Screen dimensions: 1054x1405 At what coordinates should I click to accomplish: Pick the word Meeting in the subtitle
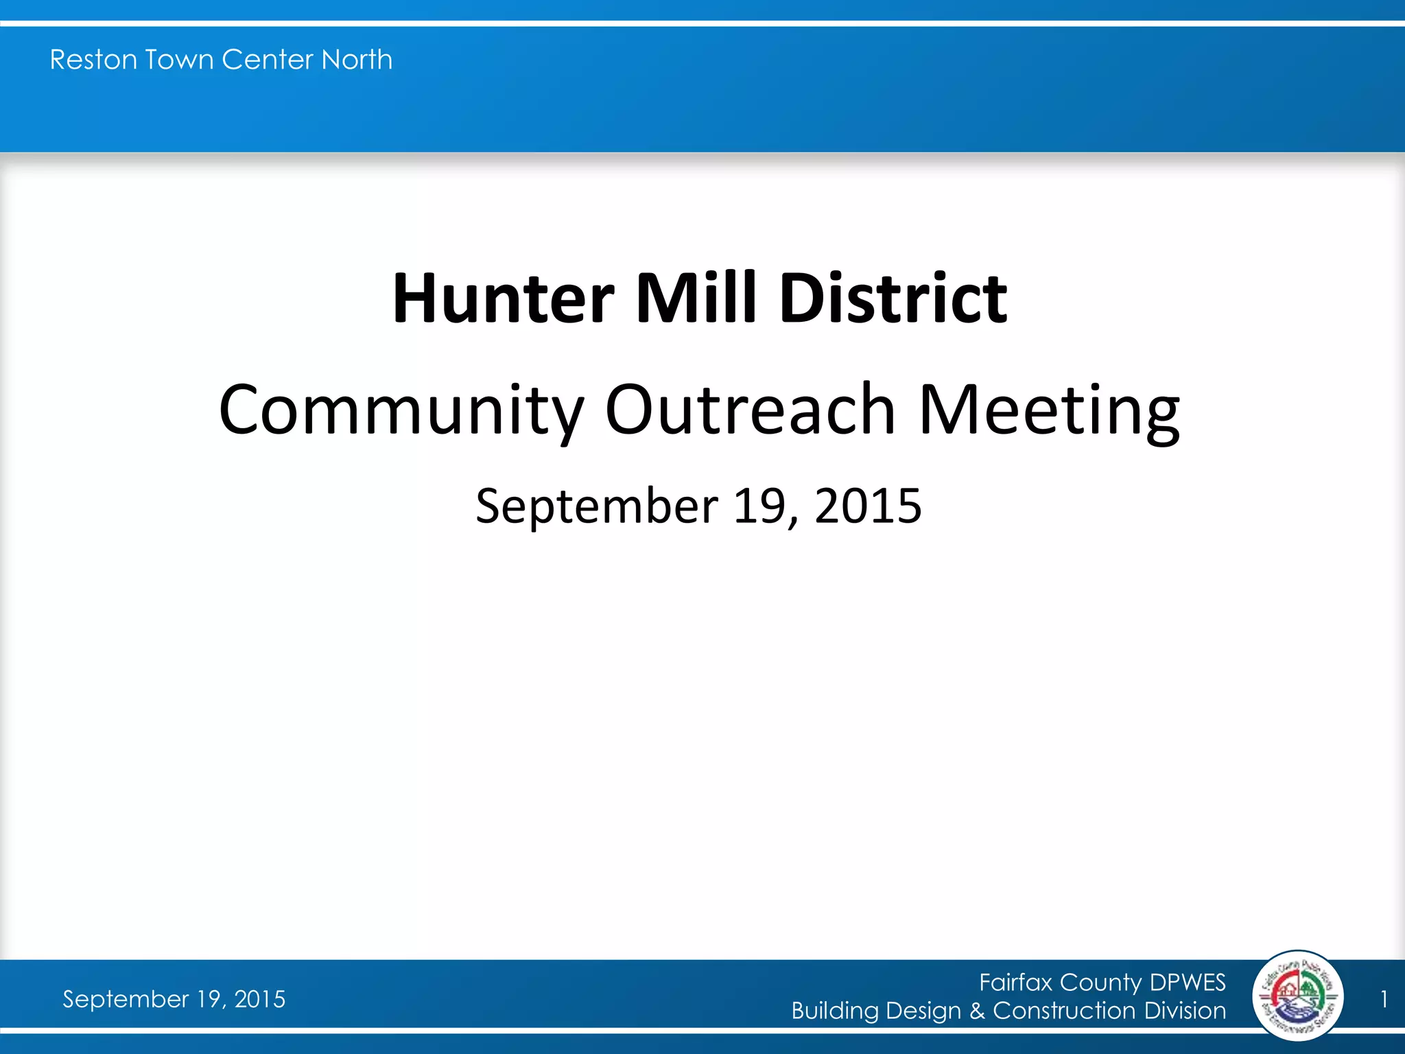pyautogui.click(x=1049, y=410)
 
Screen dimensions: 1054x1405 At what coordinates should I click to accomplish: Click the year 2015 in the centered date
pyautogui.click(x=868, y=506)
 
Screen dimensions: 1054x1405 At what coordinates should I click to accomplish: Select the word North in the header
pyautogui.click(x=357, y=60)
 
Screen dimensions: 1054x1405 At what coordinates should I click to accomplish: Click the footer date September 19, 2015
pyautogui.click(x=174, y=999)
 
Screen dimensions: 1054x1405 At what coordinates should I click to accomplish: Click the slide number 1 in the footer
pyautogui.click(x=1384, y=999)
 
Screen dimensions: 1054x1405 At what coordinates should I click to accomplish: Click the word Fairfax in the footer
pyautogui.click(x=1015, y=983)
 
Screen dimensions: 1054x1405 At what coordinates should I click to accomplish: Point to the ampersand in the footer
pyautogui.click(x=977, y=1011)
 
